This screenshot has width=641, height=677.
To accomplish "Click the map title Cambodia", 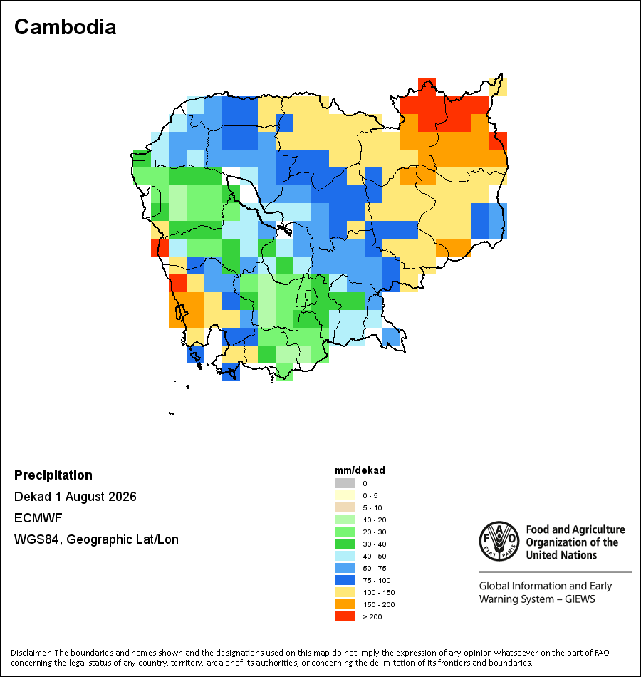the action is point(66,27).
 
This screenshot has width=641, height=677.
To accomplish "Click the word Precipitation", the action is point(53,475).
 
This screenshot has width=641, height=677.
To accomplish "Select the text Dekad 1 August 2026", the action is point(75,497).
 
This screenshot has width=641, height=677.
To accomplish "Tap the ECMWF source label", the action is point(38,517).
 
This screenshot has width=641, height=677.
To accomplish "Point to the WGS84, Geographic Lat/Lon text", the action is point(96,539).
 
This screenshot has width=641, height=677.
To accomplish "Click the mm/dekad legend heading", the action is point(360,470).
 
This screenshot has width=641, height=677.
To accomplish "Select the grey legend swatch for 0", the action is point(345,483).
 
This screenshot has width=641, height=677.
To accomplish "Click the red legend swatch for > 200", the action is point(345,616).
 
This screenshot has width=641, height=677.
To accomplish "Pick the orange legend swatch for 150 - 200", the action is point(345,604).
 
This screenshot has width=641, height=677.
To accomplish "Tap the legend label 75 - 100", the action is point(376,580).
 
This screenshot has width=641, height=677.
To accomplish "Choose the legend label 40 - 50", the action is point(374,556).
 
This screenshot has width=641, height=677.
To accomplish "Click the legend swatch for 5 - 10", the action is point(345,507).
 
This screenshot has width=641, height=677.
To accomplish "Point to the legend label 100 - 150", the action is point(379,592).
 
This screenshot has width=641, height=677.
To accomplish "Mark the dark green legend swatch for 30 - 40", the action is point(345,544).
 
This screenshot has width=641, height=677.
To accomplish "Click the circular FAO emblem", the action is point(499,541).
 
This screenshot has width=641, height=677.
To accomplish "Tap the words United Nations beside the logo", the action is point(561,555).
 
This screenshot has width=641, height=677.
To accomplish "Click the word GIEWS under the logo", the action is point(580,599).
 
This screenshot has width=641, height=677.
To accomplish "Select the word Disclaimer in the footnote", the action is point(31,652).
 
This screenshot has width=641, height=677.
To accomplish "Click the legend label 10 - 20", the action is point(374,520).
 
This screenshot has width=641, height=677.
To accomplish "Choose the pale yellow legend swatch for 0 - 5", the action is point(345,495).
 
